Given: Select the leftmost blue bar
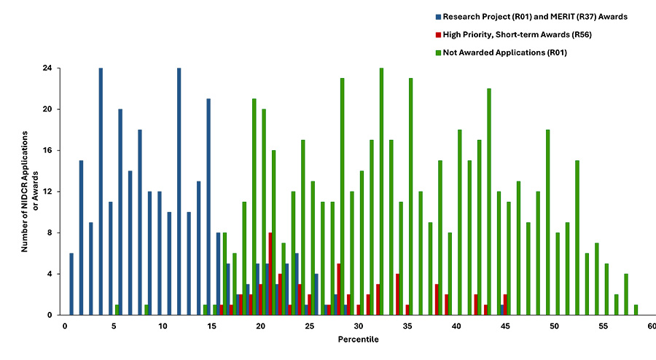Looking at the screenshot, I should click(71, 284).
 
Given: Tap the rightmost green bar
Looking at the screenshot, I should click(636, 310).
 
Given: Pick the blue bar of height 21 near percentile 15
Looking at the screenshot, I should click(208, 207).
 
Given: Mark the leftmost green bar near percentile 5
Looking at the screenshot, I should click(117, 310).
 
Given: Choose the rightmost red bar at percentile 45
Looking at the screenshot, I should click(505, 305).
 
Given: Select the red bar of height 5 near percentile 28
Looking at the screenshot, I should click(339, 289).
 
